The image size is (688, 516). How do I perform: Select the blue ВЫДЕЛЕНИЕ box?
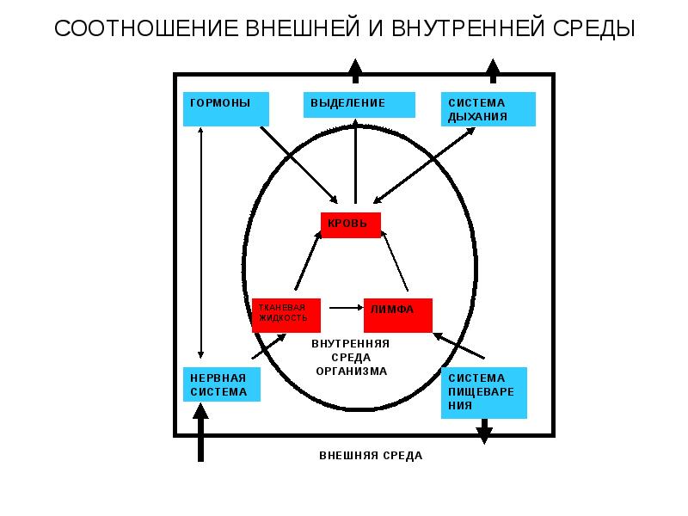pos(359,104)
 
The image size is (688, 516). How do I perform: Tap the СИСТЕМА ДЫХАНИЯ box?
pos(488,109)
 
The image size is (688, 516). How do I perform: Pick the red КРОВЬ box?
pos(352,224)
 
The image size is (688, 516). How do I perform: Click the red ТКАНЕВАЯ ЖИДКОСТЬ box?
pos(286,316)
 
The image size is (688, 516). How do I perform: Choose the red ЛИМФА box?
pos(397,315)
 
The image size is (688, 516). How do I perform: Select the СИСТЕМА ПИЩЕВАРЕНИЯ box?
pos(483,392)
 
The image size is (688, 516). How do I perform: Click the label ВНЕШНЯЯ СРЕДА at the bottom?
pos(371,456)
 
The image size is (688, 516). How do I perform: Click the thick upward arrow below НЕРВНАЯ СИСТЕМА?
pos(201,433)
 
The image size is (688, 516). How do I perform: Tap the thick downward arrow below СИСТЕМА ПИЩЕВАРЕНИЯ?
pos(484,430)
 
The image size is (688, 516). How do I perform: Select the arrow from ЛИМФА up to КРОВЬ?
pos(395,262)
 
